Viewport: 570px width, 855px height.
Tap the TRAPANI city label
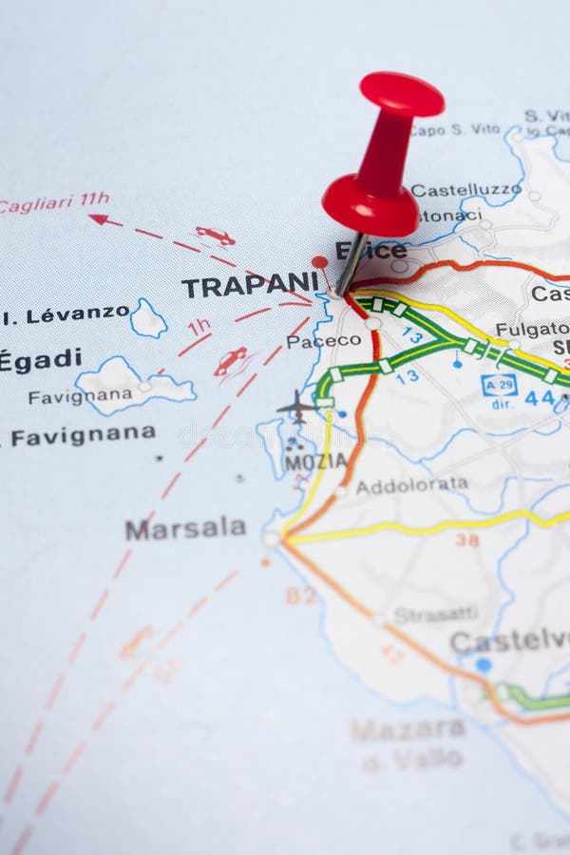click(250, 284)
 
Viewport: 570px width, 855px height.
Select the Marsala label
click(185, 528)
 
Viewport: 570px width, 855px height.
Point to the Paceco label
click(323, 340)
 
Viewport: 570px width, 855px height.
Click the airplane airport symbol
click(296, 406)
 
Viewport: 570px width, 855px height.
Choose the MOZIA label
click(315, 462)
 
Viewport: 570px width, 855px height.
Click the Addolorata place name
click(411, 484)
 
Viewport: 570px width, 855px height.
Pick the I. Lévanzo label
click(66, 313)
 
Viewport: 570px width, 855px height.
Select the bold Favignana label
click(83, 436)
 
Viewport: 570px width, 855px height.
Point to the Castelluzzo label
click(465, 190)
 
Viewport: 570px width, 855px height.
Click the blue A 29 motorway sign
click(499, 385)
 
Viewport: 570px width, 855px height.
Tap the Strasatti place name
click(436, 615)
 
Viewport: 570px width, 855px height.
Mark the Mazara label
click(408, 729)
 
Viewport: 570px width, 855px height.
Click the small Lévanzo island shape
click(148, 319)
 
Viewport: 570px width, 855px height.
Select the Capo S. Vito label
click(455, 129)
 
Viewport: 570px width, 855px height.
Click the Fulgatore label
click(532, 330)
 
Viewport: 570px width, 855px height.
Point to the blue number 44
click(540, 398)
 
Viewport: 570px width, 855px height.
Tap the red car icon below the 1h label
click(230, 360)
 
